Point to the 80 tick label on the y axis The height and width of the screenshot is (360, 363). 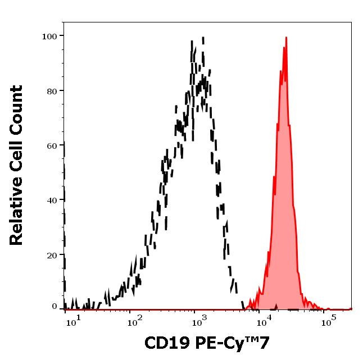(52, 91)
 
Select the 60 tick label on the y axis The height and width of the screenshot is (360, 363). (52, 146)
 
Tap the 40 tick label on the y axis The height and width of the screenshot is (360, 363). (52, 200)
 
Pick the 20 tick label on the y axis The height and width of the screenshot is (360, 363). (52, 256)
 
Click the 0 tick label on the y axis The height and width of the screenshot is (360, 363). (55, 306)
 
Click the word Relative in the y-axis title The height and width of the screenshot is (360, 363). (17, 216)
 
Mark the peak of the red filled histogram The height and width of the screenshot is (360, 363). (286, 38)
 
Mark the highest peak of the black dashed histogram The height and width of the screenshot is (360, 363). (202, 38)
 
